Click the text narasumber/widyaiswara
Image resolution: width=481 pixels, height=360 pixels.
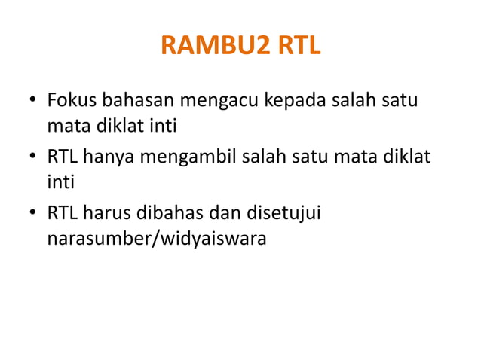coord(156,240)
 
